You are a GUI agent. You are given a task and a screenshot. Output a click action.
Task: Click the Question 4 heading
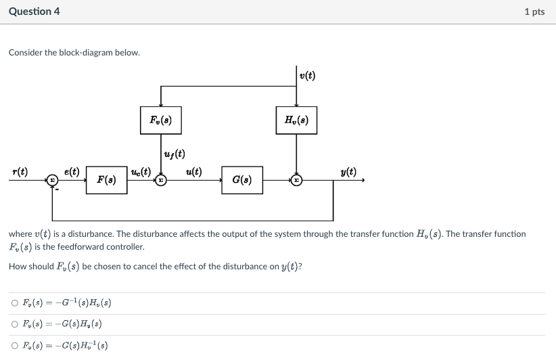(x=34, y=12)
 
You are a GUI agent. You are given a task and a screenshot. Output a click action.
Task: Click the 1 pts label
(x=534, y=12)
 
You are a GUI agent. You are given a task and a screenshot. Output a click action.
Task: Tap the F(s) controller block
(x=106, y=180)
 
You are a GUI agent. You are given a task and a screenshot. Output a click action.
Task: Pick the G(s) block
(x=242, y=180)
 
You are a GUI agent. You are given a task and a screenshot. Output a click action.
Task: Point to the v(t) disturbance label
(x=307, y=76)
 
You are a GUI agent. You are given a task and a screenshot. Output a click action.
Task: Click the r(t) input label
(x=20, y=172)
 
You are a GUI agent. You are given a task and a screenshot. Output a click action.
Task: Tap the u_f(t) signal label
(x=175, y=154)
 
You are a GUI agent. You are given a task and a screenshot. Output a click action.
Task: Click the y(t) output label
(x=348, y=172)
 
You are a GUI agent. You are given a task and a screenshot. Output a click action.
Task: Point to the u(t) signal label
(x=193, y=172)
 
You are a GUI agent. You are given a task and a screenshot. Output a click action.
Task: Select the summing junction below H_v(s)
(x=296, y=180)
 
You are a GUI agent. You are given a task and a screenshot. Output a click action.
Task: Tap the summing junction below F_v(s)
(x=160, y=180)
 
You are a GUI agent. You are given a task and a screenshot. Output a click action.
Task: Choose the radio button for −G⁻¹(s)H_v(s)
(x=16, y=302)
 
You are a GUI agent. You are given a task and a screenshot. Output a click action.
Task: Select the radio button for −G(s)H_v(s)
(x=16, y=324)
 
